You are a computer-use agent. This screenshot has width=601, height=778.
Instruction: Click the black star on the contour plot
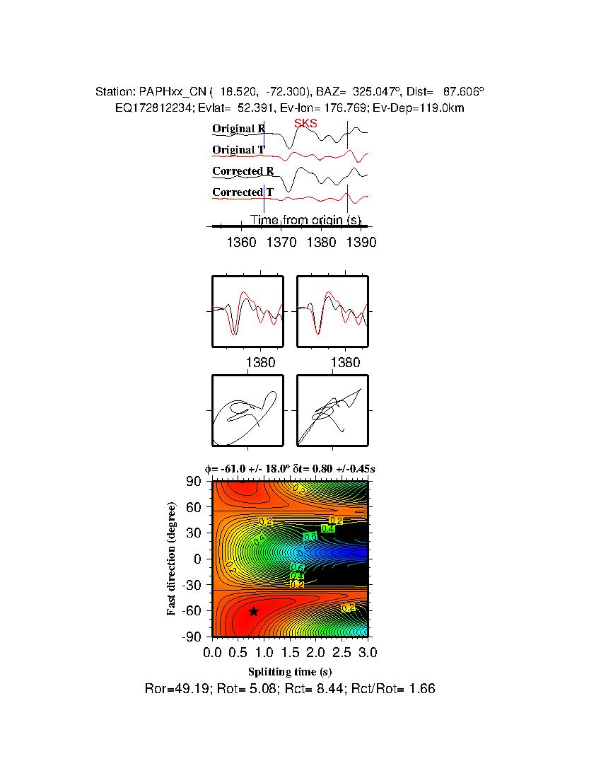(253, 612)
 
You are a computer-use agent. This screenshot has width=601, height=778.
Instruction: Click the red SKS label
(305, 124)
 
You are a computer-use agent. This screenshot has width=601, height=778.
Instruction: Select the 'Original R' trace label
(239, 129)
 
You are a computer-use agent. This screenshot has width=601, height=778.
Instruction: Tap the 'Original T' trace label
(238, 150)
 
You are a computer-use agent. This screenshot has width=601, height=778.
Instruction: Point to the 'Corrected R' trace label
(243, 171)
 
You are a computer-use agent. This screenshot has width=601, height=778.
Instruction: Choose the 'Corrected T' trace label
(243, 192)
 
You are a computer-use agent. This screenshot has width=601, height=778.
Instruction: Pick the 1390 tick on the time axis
(361, 242)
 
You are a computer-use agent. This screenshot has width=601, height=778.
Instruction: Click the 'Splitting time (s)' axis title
(290, 671)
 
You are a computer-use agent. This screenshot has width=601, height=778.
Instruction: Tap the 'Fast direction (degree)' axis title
(172, 559)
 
